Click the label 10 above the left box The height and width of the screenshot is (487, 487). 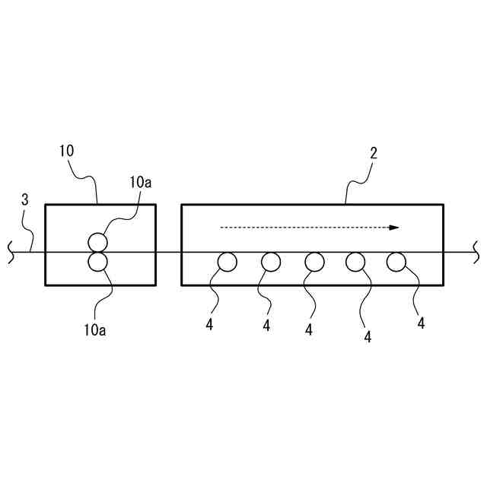[x=66, y=150]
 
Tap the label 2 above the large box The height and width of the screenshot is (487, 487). [x=374, y=153]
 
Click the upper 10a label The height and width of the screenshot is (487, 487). [x=140, y=182]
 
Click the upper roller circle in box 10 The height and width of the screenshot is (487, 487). [x=98, y=243]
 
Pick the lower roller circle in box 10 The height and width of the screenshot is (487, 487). [x=98, y=263]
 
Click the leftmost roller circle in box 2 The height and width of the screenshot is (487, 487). [x=227, y=263]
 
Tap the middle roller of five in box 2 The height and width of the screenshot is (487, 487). [x=314, y=263]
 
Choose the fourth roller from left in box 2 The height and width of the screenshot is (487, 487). [x=355, y=263]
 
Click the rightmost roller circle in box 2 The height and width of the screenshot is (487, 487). [x=396, y=263]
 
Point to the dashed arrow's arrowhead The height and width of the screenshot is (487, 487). [x=394, y=227]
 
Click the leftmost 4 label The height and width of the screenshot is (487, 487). [x=208, y=324]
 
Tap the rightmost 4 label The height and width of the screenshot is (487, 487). [x=421, y=323]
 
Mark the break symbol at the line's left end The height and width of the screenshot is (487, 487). [x=11, y=252]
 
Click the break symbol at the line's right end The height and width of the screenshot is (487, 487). [x=476, y=252]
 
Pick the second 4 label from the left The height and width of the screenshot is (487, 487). [x=266, y=326]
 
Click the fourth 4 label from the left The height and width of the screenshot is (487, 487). [x=368, y=336]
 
